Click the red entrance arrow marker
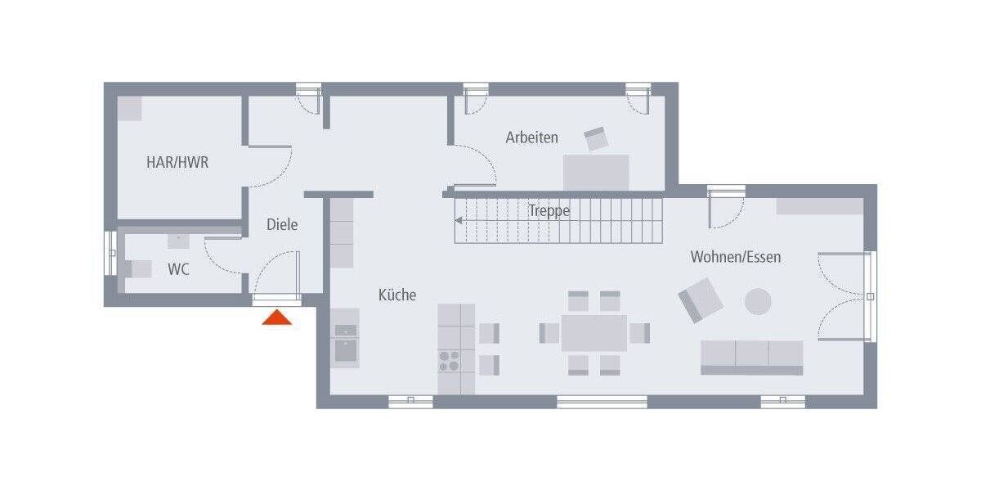(276, 318)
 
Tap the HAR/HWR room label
(177, 162)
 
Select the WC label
(178, 269)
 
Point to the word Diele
(282, 224)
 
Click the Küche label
(396, 295)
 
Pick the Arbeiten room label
(531, 137)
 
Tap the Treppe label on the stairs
(549, 210)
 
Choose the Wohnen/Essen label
(735, 257)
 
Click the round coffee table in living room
(758, 301)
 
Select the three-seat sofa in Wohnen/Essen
(751, 357)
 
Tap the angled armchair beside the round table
(701, 300)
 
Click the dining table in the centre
(594, 333)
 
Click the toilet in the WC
(139, 268)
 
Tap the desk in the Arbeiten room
(596, 171)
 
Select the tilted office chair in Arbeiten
(596, 138)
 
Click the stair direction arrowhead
(459, 219)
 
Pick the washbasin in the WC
(178, 241)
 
